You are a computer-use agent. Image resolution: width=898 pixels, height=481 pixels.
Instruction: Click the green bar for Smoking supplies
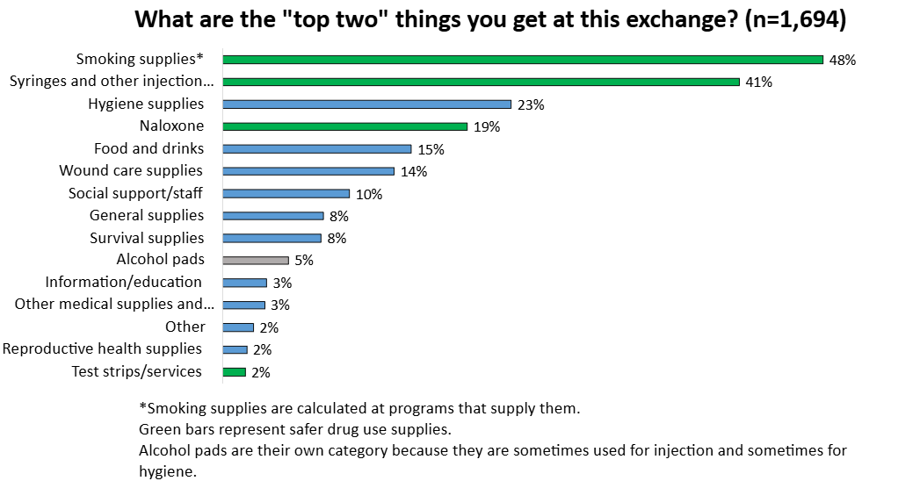523,60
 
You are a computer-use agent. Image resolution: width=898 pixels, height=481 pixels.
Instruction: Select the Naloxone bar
344,126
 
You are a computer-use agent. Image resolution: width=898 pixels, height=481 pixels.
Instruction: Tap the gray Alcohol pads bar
256,260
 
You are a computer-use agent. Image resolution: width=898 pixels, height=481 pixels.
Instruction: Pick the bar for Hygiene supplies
366,104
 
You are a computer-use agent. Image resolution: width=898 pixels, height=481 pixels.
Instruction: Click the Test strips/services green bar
235,371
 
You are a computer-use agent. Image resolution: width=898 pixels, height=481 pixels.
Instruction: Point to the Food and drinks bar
316,149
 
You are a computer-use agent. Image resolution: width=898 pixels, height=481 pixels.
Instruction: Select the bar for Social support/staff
286,194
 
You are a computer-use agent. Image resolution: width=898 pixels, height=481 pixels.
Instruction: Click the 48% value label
843,61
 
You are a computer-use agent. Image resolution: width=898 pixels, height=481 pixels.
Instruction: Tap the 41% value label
758,83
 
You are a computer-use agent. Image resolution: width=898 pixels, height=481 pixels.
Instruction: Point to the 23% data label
531,104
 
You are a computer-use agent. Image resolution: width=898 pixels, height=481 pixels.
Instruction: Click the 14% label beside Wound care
413,171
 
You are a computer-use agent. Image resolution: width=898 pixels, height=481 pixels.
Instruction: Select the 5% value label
304,261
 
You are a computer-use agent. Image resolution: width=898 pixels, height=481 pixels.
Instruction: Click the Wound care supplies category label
131,170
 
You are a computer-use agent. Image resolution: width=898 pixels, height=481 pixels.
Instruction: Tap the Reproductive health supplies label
102,348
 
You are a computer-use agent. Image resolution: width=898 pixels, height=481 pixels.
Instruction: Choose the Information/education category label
124,282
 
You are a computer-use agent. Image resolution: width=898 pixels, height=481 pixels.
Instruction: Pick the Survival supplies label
147,238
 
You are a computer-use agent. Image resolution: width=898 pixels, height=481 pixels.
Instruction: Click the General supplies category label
147,215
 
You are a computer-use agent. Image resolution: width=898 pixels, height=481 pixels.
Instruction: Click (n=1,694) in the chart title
795,19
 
